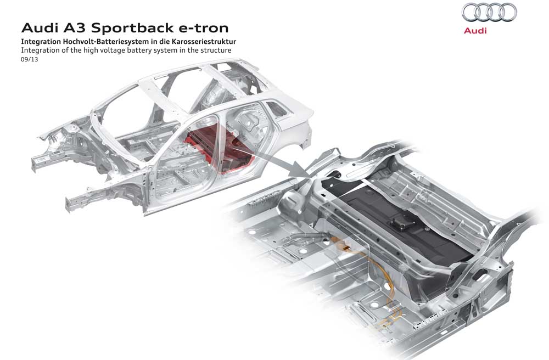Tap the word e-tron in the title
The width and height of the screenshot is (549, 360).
206,27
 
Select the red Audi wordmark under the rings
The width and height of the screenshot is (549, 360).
475,31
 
